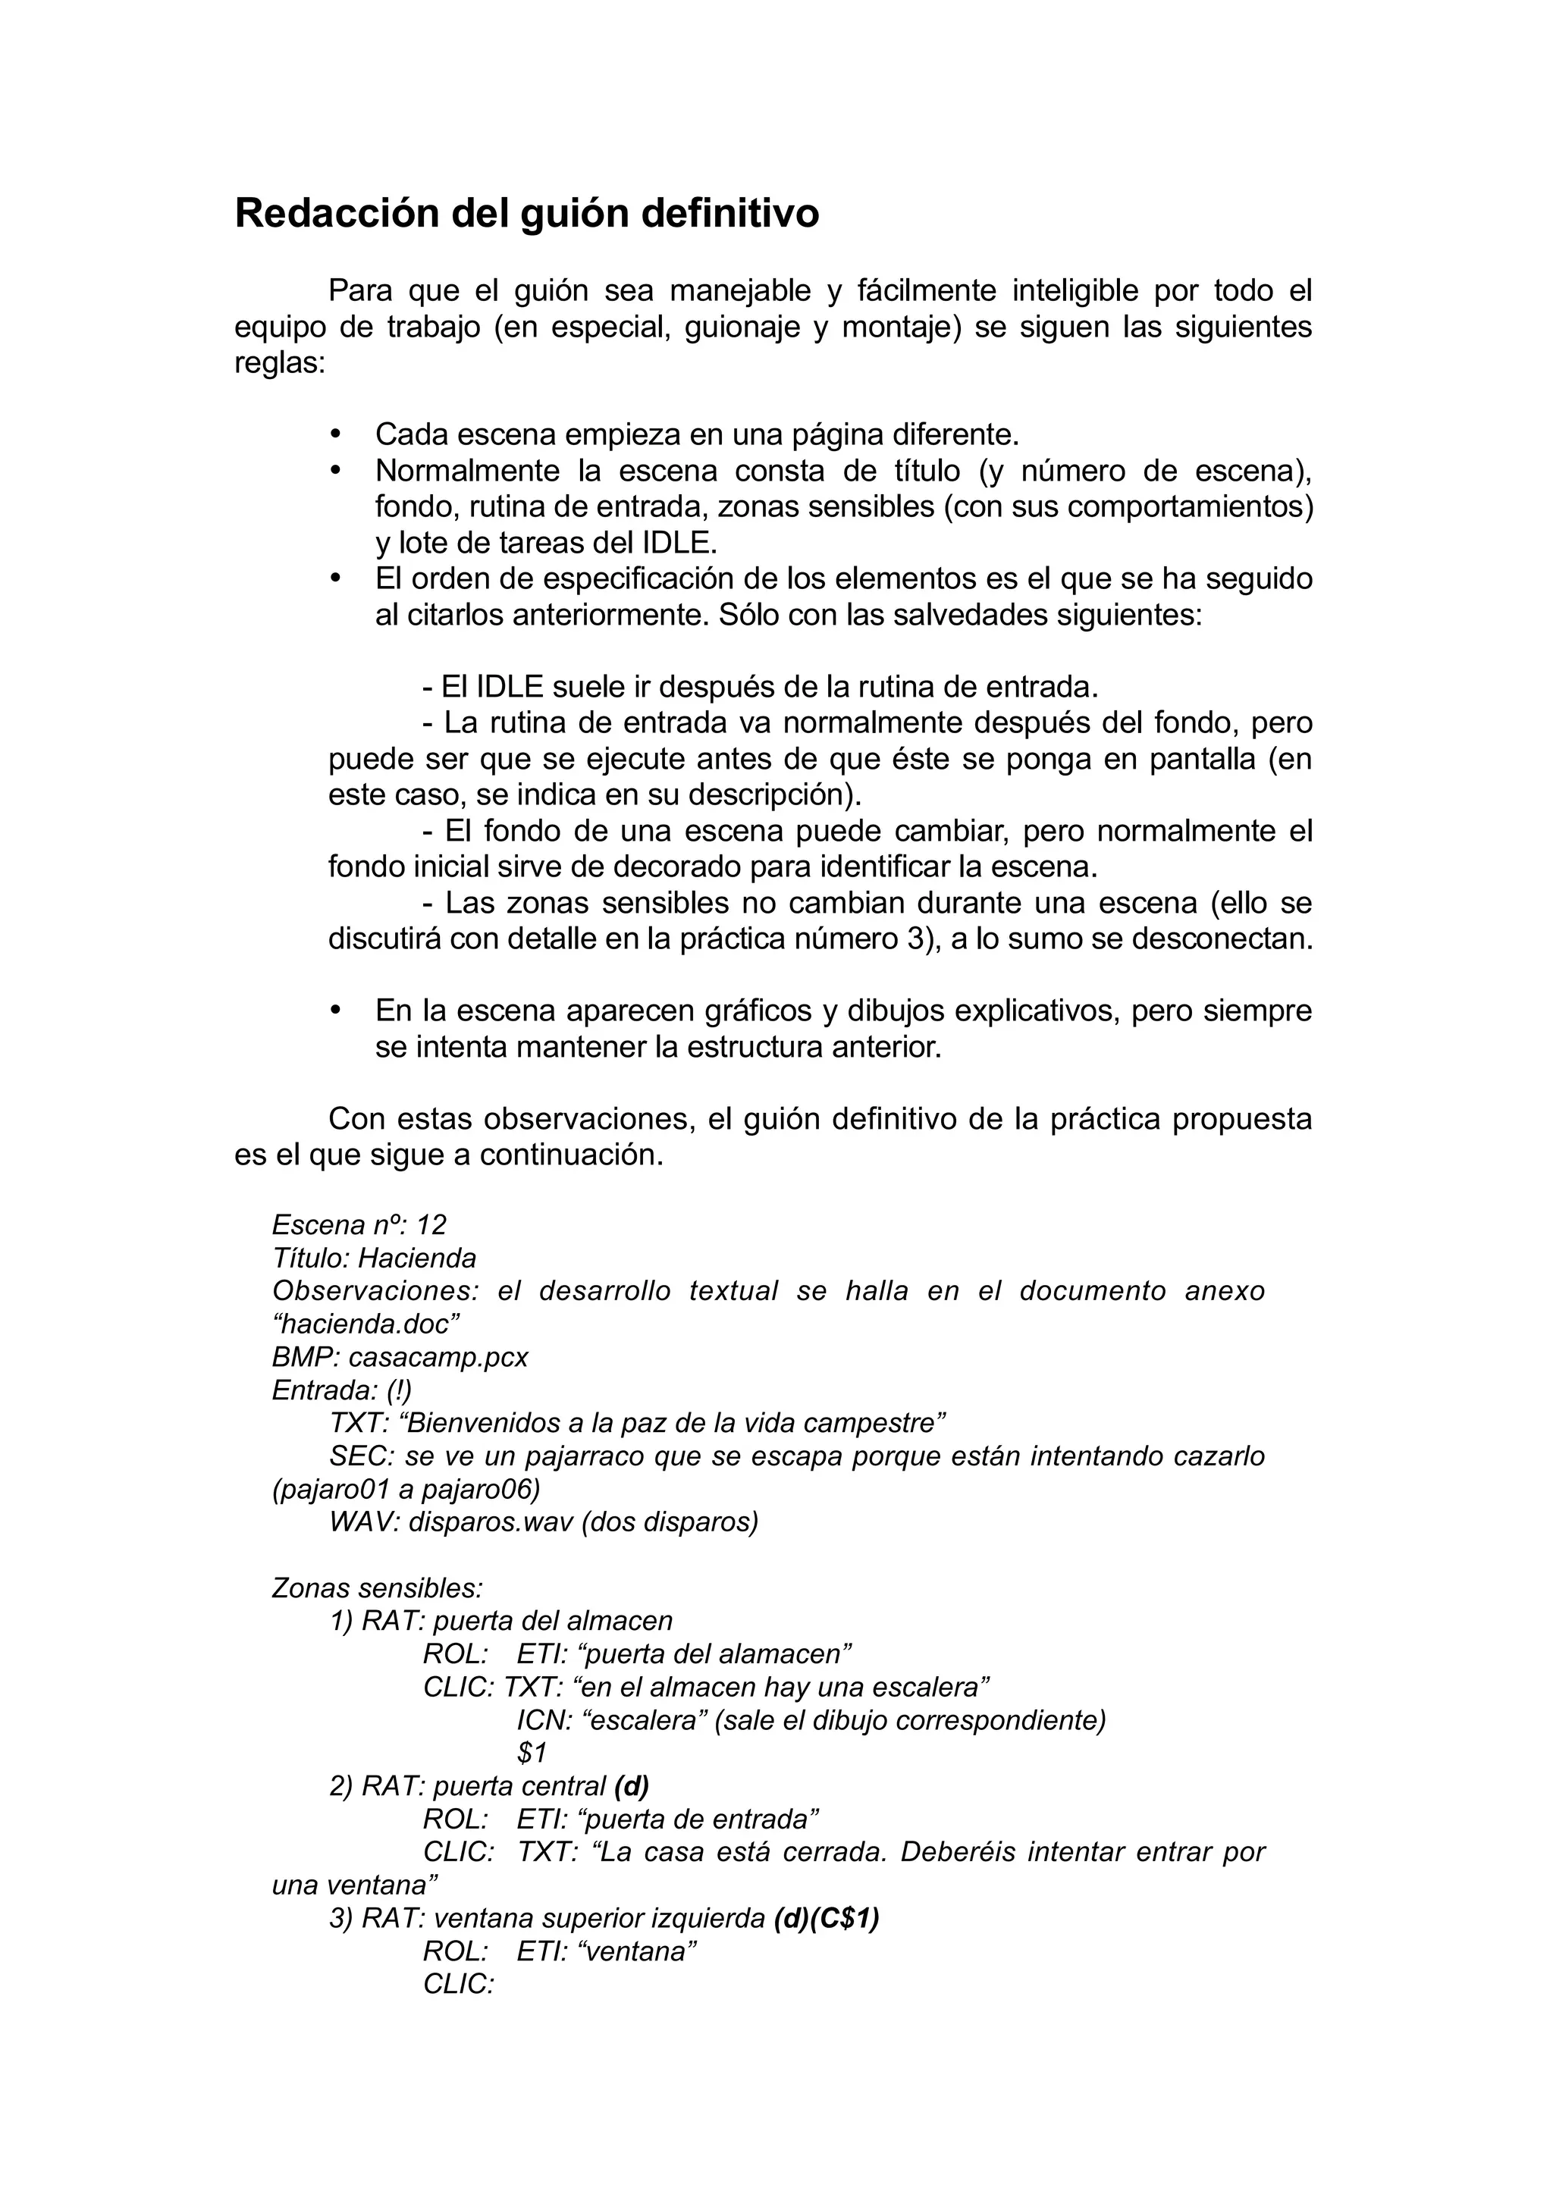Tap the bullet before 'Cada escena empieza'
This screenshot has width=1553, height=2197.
click(335, 434)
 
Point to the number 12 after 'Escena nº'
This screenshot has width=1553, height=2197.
click(431, 1225)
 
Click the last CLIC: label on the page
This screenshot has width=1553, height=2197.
click(458, 1984)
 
